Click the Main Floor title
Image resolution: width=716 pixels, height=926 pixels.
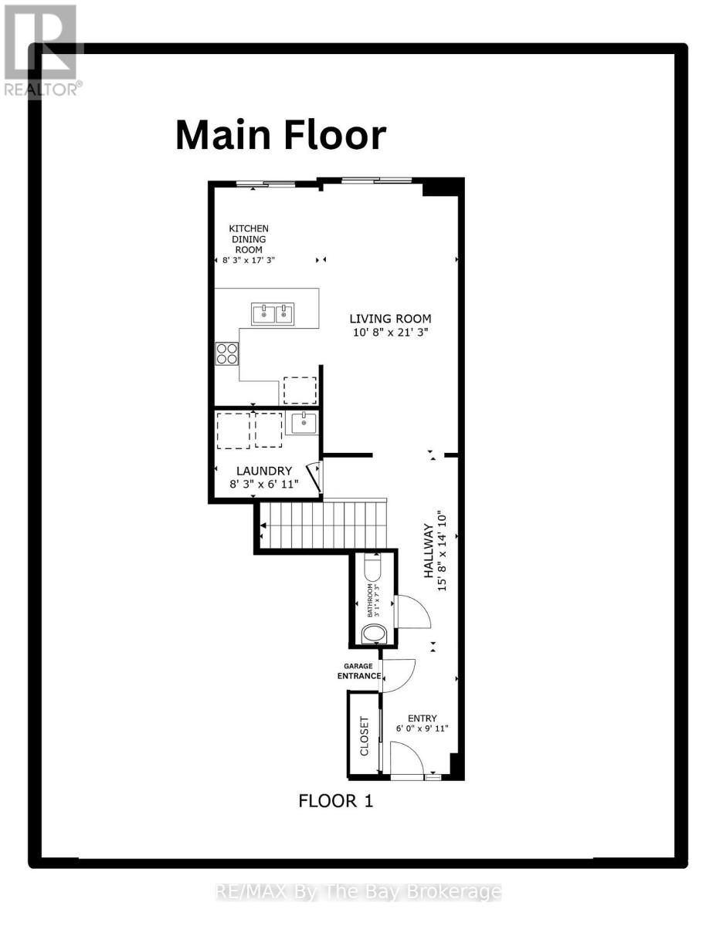tap(280, 136)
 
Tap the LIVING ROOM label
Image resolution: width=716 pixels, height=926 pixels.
tap(390, 319)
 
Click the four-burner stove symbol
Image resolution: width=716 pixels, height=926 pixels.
tap(227, 353)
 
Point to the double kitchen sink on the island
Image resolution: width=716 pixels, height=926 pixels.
tap(273, 313)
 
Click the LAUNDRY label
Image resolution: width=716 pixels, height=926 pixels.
tap(263, 471)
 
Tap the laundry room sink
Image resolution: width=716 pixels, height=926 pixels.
tap(301, 423)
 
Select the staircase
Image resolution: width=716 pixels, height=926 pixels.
tap(323, 525)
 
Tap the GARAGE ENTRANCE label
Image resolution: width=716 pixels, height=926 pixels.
tap(358, 671)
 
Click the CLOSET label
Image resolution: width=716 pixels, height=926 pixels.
tap(365, 735)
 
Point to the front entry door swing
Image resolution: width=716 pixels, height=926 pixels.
tap(406, 759)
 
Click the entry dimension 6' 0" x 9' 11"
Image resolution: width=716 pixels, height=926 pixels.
tap(422, 728)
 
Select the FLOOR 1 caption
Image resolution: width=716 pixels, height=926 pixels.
tap(335, 801)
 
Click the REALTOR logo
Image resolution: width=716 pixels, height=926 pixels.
tap(40, 50)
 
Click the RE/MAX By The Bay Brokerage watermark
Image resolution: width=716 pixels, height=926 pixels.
tap(358, 893)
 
